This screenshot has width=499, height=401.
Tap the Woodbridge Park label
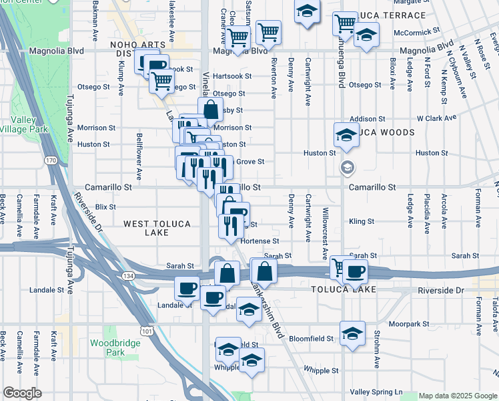point(107,348)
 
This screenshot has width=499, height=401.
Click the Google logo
point(22,393)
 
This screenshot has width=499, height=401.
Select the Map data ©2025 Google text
point(457,396)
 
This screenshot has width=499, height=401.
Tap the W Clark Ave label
point(436,118)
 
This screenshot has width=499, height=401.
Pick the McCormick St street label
point(417,31)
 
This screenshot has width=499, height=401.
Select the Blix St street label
point(105,207)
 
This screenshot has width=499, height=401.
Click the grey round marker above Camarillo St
point(347,167)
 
